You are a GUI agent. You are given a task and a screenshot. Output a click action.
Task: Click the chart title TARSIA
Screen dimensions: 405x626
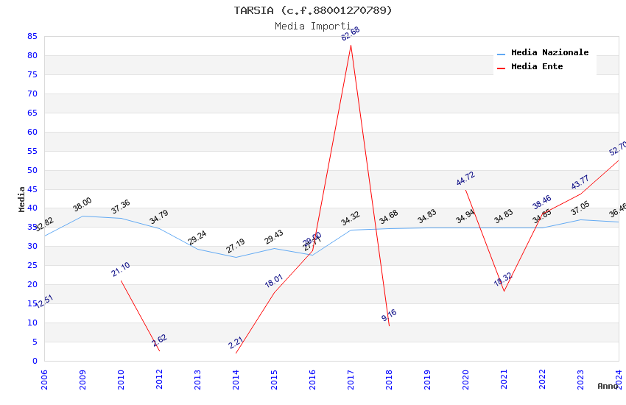313,10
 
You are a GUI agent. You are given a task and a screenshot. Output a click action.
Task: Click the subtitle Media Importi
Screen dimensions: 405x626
313,26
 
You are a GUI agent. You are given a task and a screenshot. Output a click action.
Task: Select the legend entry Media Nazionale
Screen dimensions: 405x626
549,52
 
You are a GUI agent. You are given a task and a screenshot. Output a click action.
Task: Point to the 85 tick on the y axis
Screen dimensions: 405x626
32,36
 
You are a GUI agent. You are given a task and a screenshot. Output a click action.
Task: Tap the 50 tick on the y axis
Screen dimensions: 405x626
32,170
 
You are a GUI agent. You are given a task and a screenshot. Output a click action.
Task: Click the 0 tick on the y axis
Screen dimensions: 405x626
35,361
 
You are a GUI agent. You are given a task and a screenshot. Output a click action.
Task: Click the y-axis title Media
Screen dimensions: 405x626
22,199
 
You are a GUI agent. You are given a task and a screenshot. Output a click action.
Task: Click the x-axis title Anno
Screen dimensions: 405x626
608,386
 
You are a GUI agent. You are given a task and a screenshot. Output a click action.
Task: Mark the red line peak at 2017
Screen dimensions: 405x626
351,45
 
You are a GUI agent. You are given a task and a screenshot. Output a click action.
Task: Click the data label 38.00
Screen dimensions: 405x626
82,204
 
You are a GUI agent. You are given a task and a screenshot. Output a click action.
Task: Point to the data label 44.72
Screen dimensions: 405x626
465,179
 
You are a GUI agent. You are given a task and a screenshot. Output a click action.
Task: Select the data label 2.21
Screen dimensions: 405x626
236,342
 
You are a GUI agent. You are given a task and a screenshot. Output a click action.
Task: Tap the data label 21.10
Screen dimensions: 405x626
121,270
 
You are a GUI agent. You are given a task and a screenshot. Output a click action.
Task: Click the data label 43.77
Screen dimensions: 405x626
580,183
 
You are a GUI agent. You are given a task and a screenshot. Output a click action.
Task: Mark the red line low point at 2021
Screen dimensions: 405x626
504,291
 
